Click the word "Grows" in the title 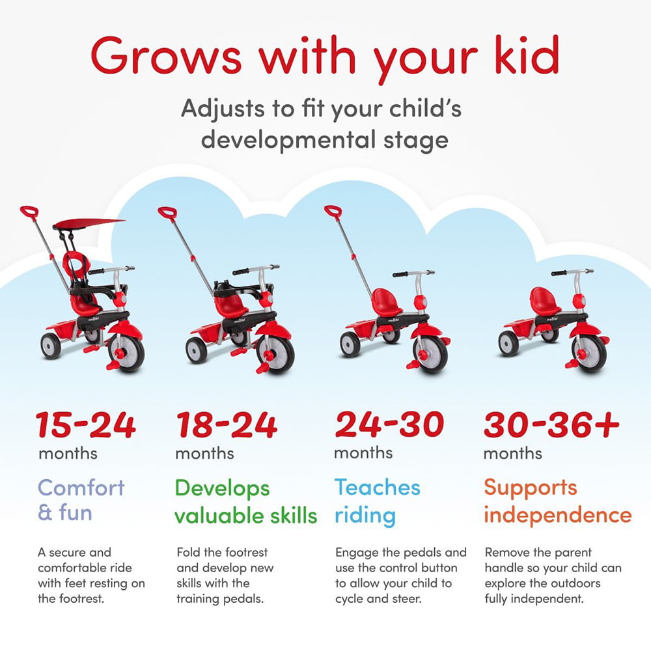(166, 56)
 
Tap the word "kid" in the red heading (527, 55)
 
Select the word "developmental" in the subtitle (288, 141)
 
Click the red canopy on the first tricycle (88, 224)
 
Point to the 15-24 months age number (86, 424)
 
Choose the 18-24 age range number (227, 424)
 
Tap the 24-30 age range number (389, 424)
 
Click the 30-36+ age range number (551, 424)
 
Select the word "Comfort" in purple (81, 488)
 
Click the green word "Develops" (222, 489)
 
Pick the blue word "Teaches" (378, 487)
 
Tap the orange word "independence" (558, 515)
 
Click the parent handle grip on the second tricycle (167, 213)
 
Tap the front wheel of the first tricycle (126, 353)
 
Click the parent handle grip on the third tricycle (333, 211)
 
